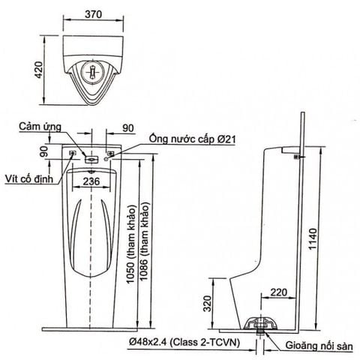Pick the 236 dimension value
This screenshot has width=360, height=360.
click(x=92, y=181)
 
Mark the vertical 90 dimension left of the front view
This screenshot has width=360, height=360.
click(x=45, y=152)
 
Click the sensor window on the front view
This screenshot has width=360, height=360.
click(x=91, y=159)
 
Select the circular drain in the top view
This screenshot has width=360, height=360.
click(x=91, y=73)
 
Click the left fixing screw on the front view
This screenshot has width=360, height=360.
click(x=73, y=154)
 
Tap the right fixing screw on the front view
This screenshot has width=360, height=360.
click(x=110, y=154)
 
